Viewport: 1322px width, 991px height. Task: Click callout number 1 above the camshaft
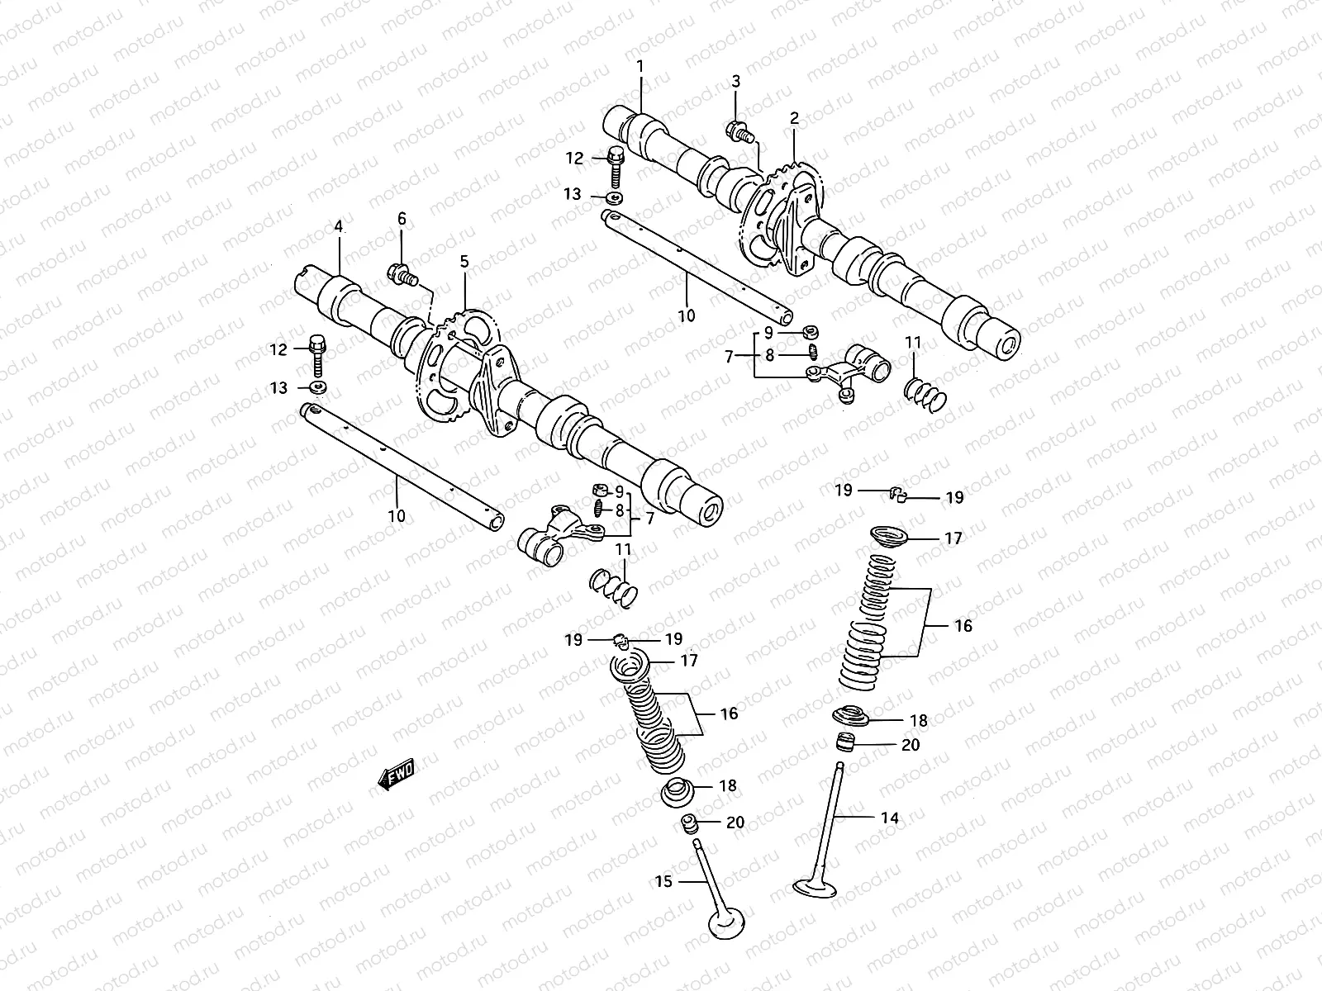coord(639,65)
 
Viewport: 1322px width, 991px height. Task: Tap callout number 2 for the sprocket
coord(794,118)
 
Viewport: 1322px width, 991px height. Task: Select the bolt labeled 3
coord(738,130)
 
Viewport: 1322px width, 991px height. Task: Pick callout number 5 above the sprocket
coord(464,261)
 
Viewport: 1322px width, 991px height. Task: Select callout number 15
coord(664,882)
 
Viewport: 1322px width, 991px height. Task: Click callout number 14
coord(889,818)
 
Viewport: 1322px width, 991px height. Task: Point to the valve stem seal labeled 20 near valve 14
coord(844,742)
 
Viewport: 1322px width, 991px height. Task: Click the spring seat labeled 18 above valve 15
coord(678,794)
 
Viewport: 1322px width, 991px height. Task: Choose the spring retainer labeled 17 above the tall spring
coord(891,537)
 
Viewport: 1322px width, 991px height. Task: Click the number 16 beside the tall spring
coord(963,626)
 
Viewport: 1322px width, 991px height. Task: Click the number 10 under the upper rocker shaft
coord(687,315)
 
